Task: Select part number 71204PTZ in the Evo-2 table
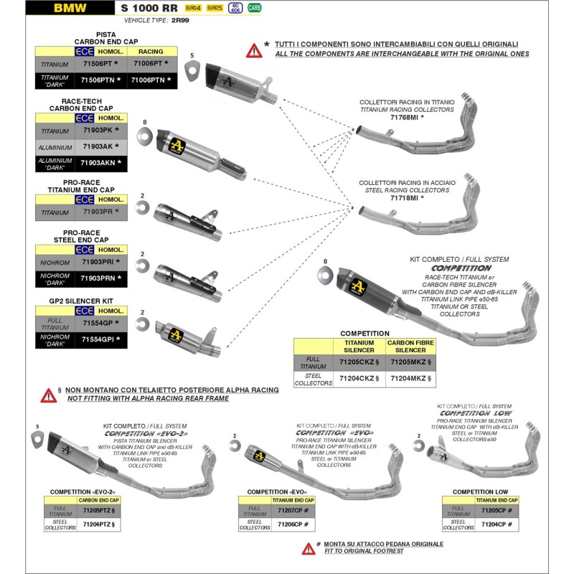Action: [99, 525]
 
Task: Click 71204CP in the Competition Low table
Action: [497, 524]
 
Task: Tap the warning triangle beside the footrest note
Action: [308, 547]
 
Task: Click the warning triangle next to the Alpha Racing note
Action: [48, 395]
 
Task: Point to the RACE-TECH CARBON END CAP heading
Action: [81, 105]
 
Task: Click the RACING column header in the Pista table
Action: [150, 52]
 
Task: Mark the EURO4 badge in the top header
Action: [192, 8]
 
